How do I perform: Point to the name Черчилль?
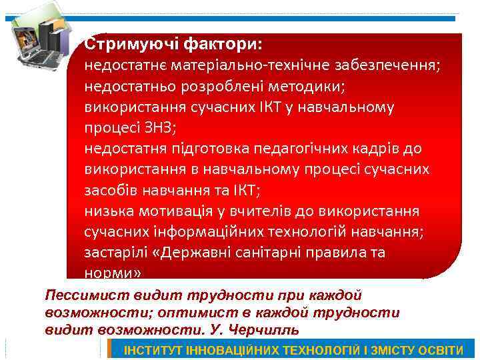click(x=263, y=329)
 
